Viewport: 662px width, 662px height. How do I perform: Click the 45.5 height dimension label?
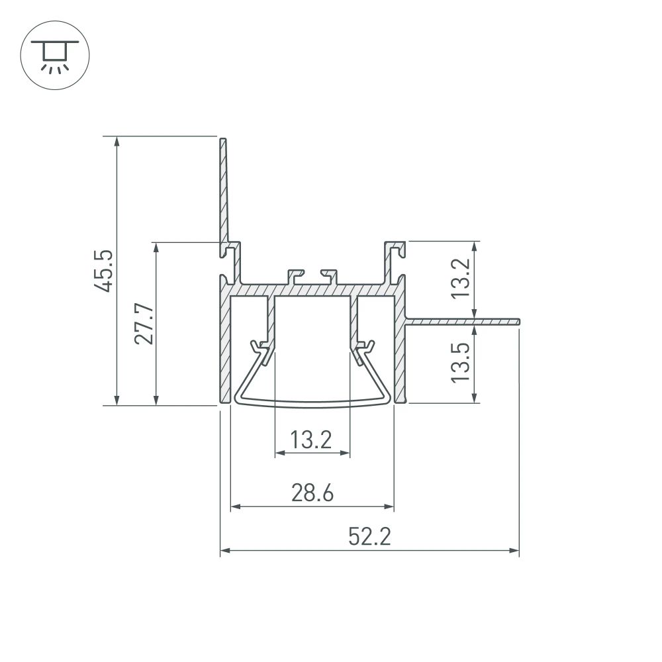(104, 271)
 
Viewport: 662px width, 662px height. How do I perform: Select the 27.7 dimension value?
(144, 324)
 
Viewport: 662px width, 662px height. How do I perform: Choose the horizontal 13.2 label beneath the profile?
(312, 440)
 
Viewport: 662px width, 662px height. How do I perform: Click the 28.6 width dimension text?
(311, 493)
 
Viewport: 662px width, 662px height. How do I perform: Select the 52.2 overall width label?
(369, 536)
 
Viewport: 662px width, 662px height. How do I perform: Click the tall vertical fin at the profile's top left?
(224, 192)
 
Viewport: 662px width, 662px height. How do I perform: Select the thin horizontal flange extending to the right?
(463, 322)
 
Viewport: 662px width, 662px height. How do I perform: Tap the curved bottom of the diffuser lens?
(312, 401)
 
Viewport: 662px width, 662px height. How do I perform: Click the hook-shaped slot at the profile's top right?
(395, 252)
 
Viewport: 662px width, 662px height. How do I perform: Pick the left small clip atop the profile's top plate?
(294, 275)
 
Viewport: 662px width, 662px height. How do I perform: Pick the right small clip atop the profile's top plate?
(329, 275)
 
